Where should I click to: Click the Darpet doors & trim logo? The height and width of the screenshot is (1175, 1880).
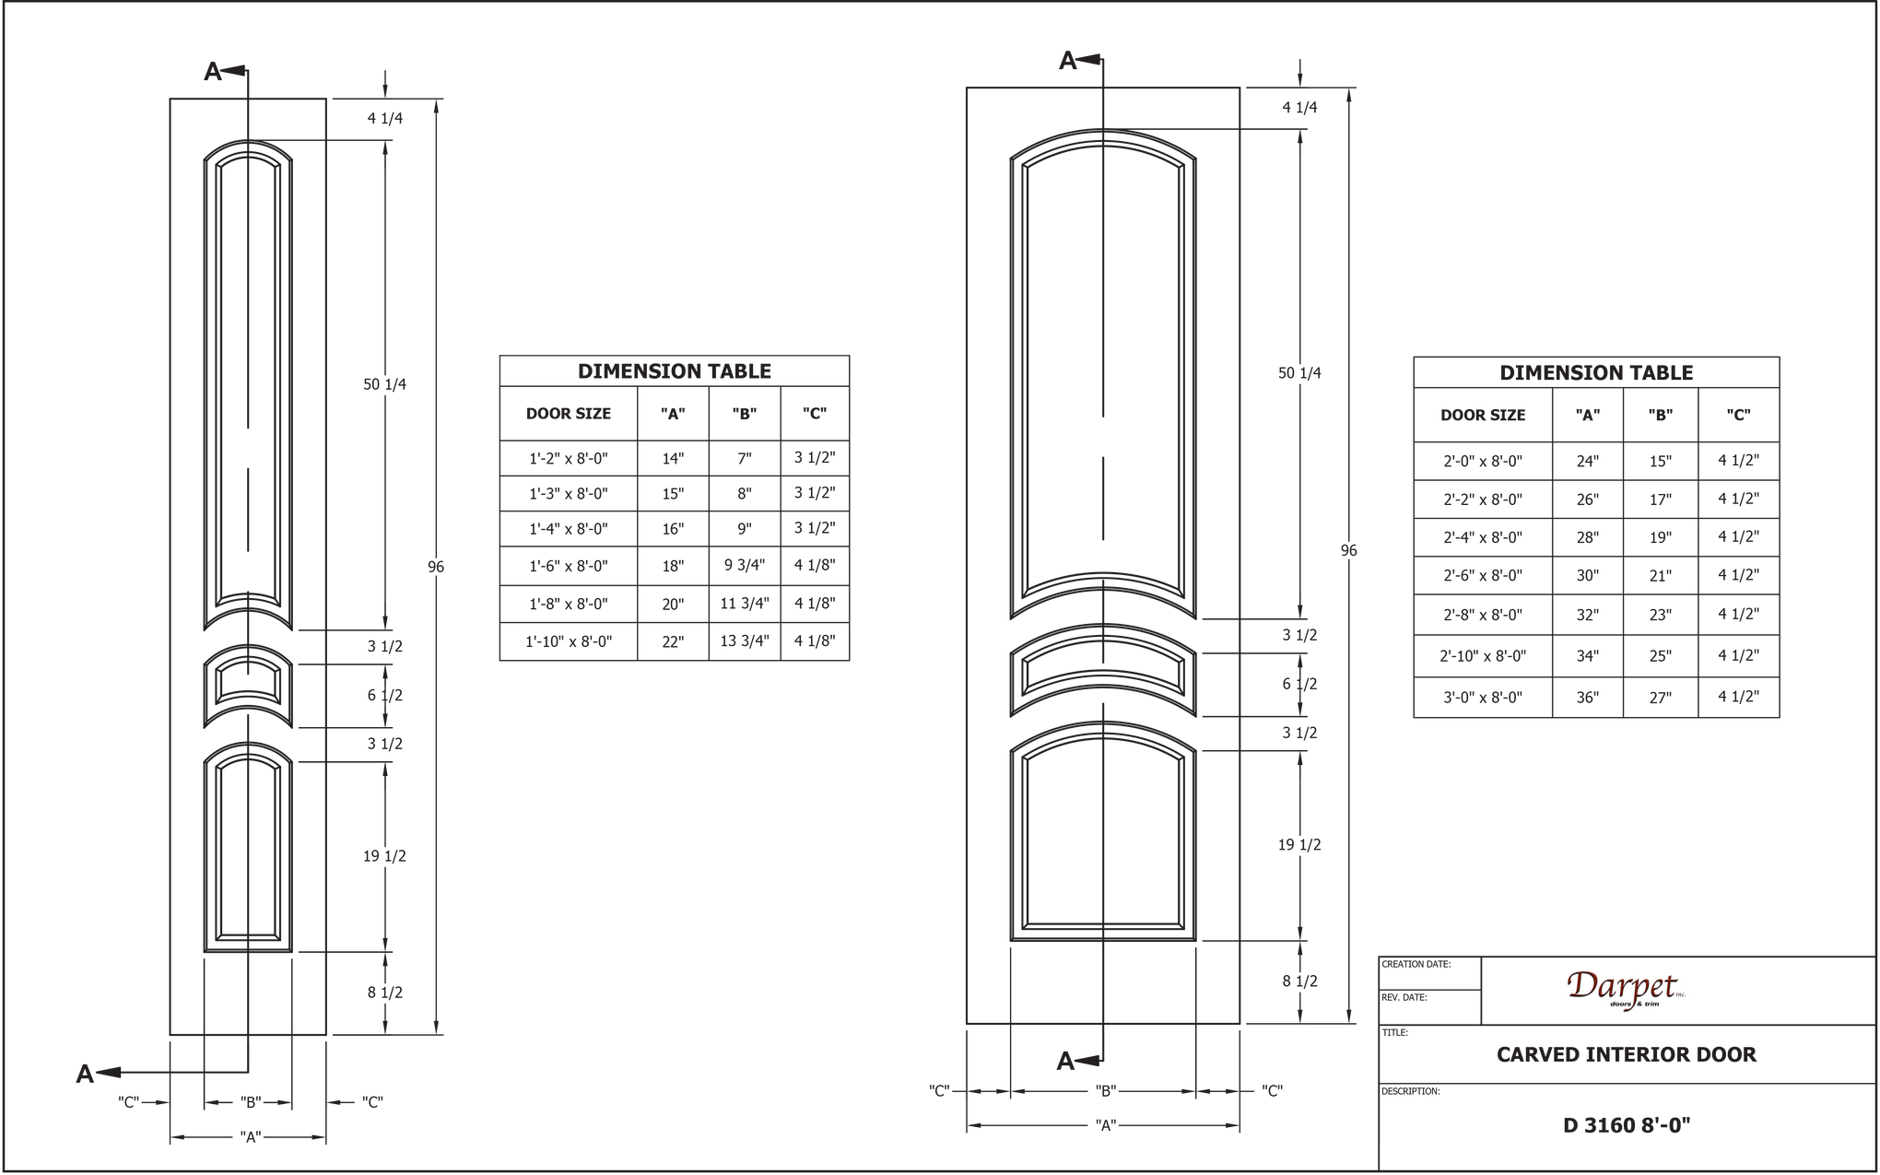(x=1626, y=990)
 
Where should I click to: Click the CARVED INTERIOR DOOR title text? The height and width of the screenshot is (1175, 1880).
(x=1626, y=1053)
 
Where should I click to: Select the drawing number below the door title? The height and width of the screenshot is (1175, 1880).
(x=1626, y=1125)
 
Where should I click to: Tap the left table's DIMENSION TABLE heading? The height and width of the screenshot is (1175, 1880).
(x=674, y=370)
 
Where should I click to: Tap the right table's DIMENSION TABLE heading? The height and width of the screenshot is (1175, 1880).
(x=1595, y=372)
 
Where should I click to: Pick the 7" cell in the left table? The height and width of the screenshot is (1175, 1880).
(x=745, y=458)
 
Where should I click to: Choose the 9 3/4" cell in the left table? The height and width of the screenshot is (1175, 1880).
(x=745, y=566)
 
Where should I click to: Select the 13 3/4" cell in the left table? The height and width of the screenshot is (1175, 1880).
(x=745, y=640)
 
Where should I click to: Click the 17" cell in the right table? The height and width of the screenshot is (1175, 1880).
(x=1661, y=499)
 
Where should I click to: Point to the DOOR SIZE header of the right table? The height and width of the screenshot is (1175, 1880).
(x=1482, y=415)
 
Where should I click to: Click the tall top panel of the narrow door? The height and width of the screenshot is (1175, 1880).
(x=247, y=378)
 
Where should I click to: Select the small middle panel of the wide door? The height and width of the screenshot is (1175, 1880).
(x=1103, y=670)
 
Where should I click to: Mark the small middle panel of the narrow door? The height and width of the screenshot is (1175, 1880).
(x=247, y=679)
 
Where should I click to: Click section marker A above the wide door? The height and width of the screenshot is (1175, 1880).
(x=1068, y=62)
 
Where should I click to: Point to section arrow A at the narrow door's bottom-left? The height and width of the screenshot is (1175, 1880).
(x=86, y=1074)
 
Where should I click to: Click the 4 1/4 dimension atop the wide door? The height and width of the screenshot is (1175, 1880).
(x=1299, y=108)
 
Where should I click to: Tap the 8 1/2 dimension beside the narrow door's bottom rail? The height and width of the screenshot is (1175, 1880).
(x=385, y=993)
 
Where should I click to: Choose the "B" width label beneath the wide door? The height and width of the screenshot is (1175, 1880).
(x=1104, y=1091)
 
